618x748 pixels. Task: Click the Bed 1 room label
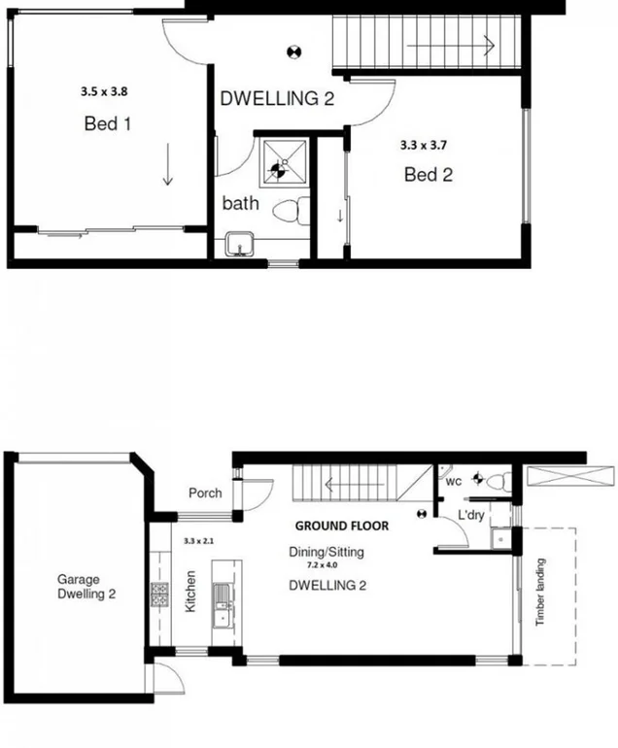(107, 124)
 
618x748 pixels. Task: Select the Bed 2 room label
(429, 176)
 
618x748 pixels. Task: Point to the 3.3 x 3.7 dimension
(424, 145)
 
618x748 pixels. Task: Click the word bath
(240, 204)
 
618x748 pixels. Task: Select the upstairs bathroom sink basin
(238, 245)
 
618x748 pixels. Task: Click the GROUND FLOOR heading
(342, 526)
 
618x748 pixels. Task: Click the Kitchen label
(190, 591)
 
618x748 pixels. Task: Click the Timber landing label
(540, 592)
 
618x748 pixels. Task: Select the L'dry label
(471, 514)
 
